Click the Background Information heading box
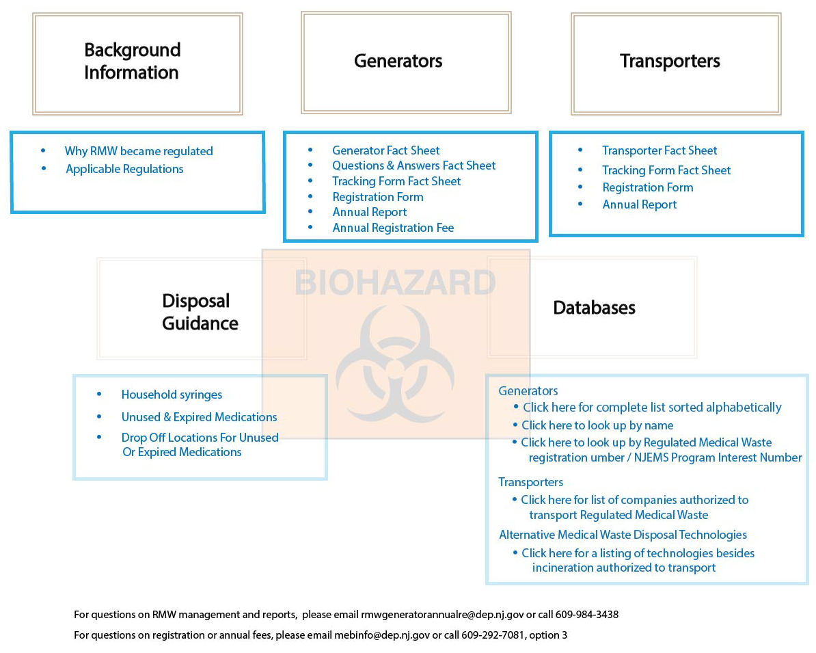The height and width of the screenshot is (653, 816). pyautogui.click(x=137, y=63)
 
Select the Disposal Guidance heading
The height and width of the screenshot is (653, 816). pyautogui.click(x=200, y=311)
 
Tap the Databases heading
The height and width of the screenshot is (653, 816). pyautogui.click(x=594, y=308)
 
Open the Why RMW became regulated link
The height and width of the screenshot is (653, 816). pyautogui.click(x=139, y=151)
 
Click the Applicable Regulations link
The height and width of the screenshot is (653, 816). pyautogui.click(x=124, y=169)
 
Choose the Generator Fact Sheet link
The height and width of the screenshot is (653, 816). pyautogui.click(x=385, y=150)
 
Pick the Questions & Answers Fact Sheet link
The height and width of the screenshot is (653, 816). pyautogui.click(x=413, y=165)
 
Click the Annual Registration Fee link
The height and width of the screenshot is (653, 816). pyautogui.click(x=393, y=228)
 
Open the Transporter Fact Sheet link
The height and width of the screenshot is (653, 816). pyautogui.click(x=659, y=150)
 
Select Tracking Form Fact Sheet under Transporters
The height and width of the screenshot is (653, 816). pyautogui.click(x=666, y=170)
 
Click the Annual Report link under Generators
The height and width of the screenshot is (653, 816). pyautogui.click(x=369, y=212)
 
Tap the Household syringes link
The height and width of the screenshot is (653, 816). pyautogui.click(x=172, y=395)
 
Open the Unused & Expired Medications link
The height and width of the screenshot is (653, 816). pyautogui.click(x=199, y=417)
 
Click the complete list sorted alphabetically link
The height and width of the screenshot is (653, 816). pyautogui.click(x=651, y=408)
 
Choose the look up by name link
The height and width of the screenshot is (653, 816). pyautogui.click(x=597, y=425)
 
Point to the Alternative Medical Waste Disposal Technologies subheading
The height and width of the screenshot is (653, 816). pyautogui.click(x=623, y=535)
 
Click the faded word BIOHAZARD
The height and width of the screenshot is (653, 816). pyautogui.click(x=395, y=283)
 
